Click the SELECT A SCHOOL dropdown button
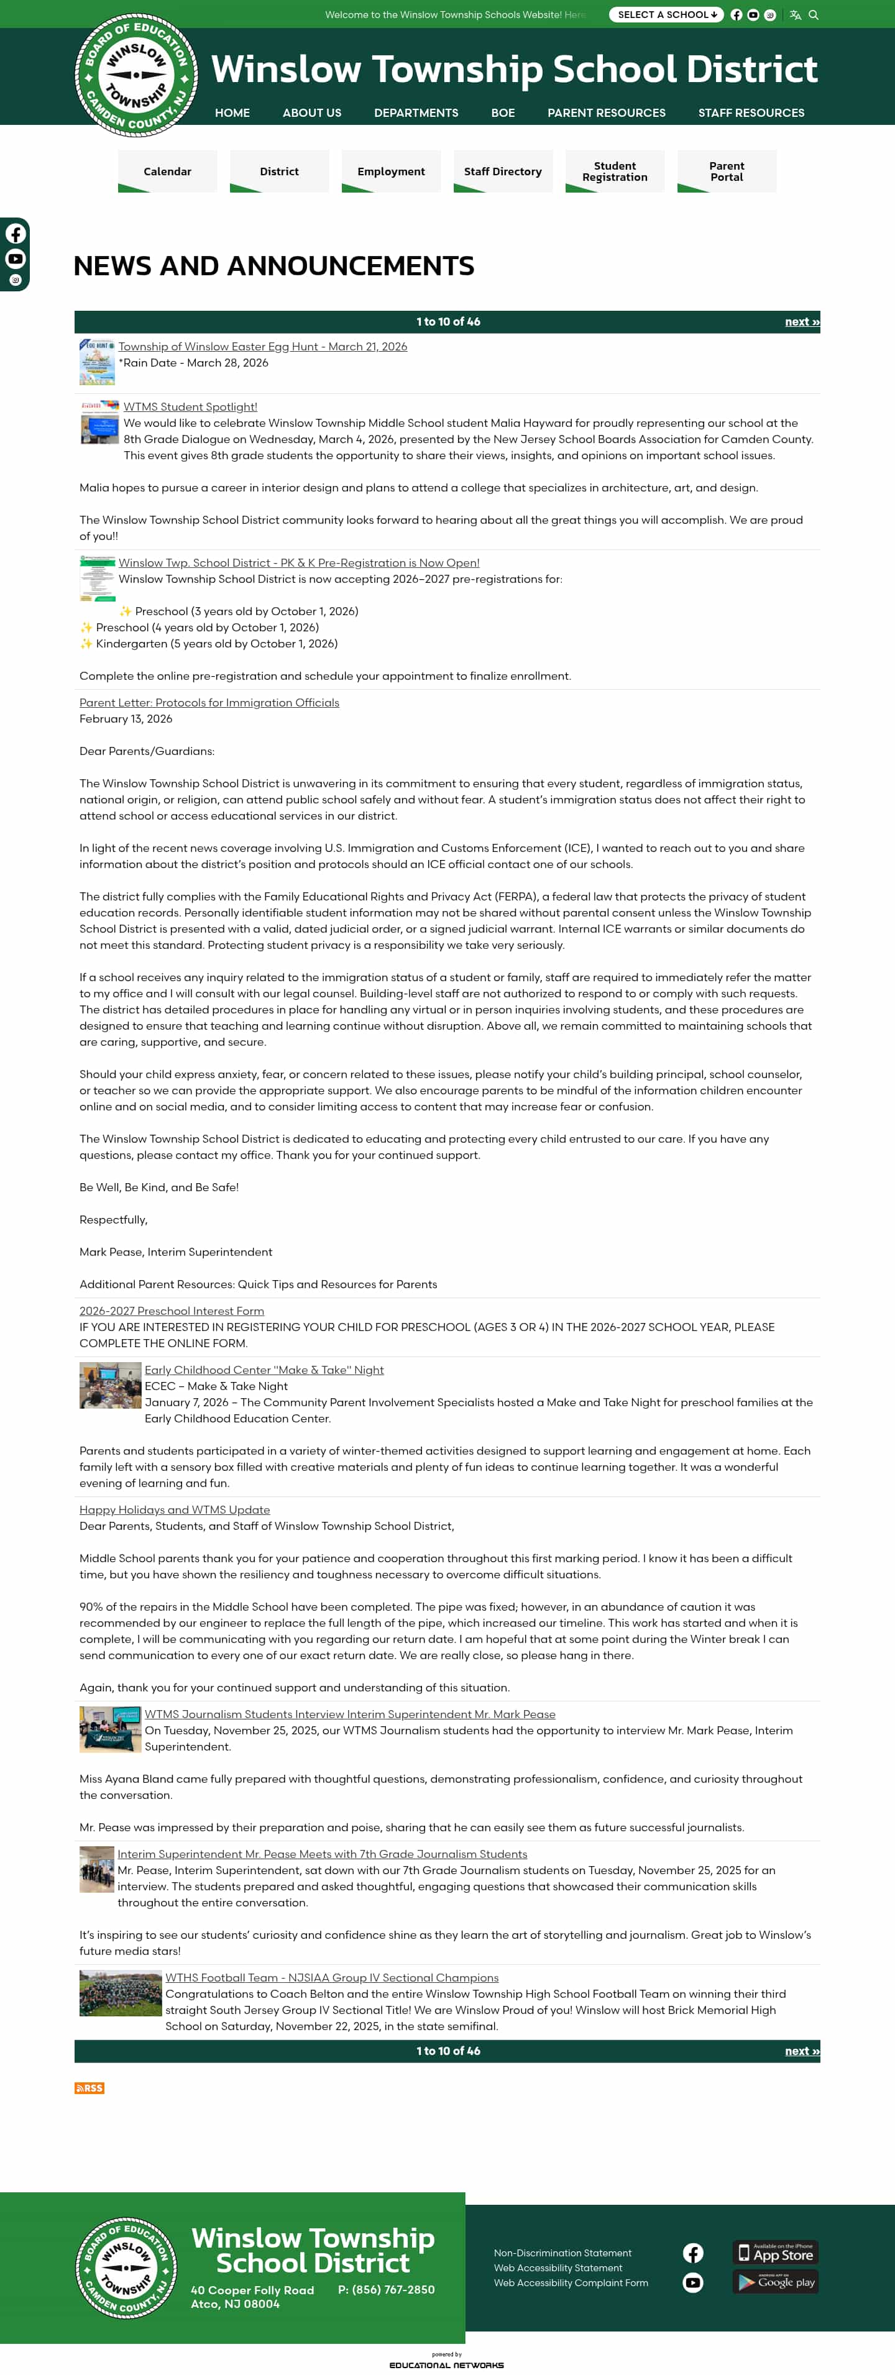coord(666,15)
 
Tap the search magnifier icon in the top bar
coord(813,15)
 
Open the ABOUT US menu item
coord(311,112)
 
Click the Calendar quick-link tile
coord(168,172)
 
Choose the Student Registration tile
coord(615,172)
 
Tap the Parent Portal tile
coord(727,172)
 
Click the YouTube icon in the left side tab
coord(16,259)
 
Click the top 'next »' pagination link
coord(801,322)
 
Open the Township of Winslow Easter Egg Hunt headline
coord(263,347)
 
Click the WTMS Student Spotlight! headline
coord(190,406)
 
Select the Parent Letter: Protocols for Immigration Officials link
coord(209,703)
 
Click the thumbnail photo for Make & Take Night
coord(109,1385)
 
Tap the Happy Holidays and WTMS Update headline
coord(174,1509)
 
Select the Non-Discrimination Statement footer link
coord(562,2253)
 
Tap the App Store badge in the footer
coord(775,2253)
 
